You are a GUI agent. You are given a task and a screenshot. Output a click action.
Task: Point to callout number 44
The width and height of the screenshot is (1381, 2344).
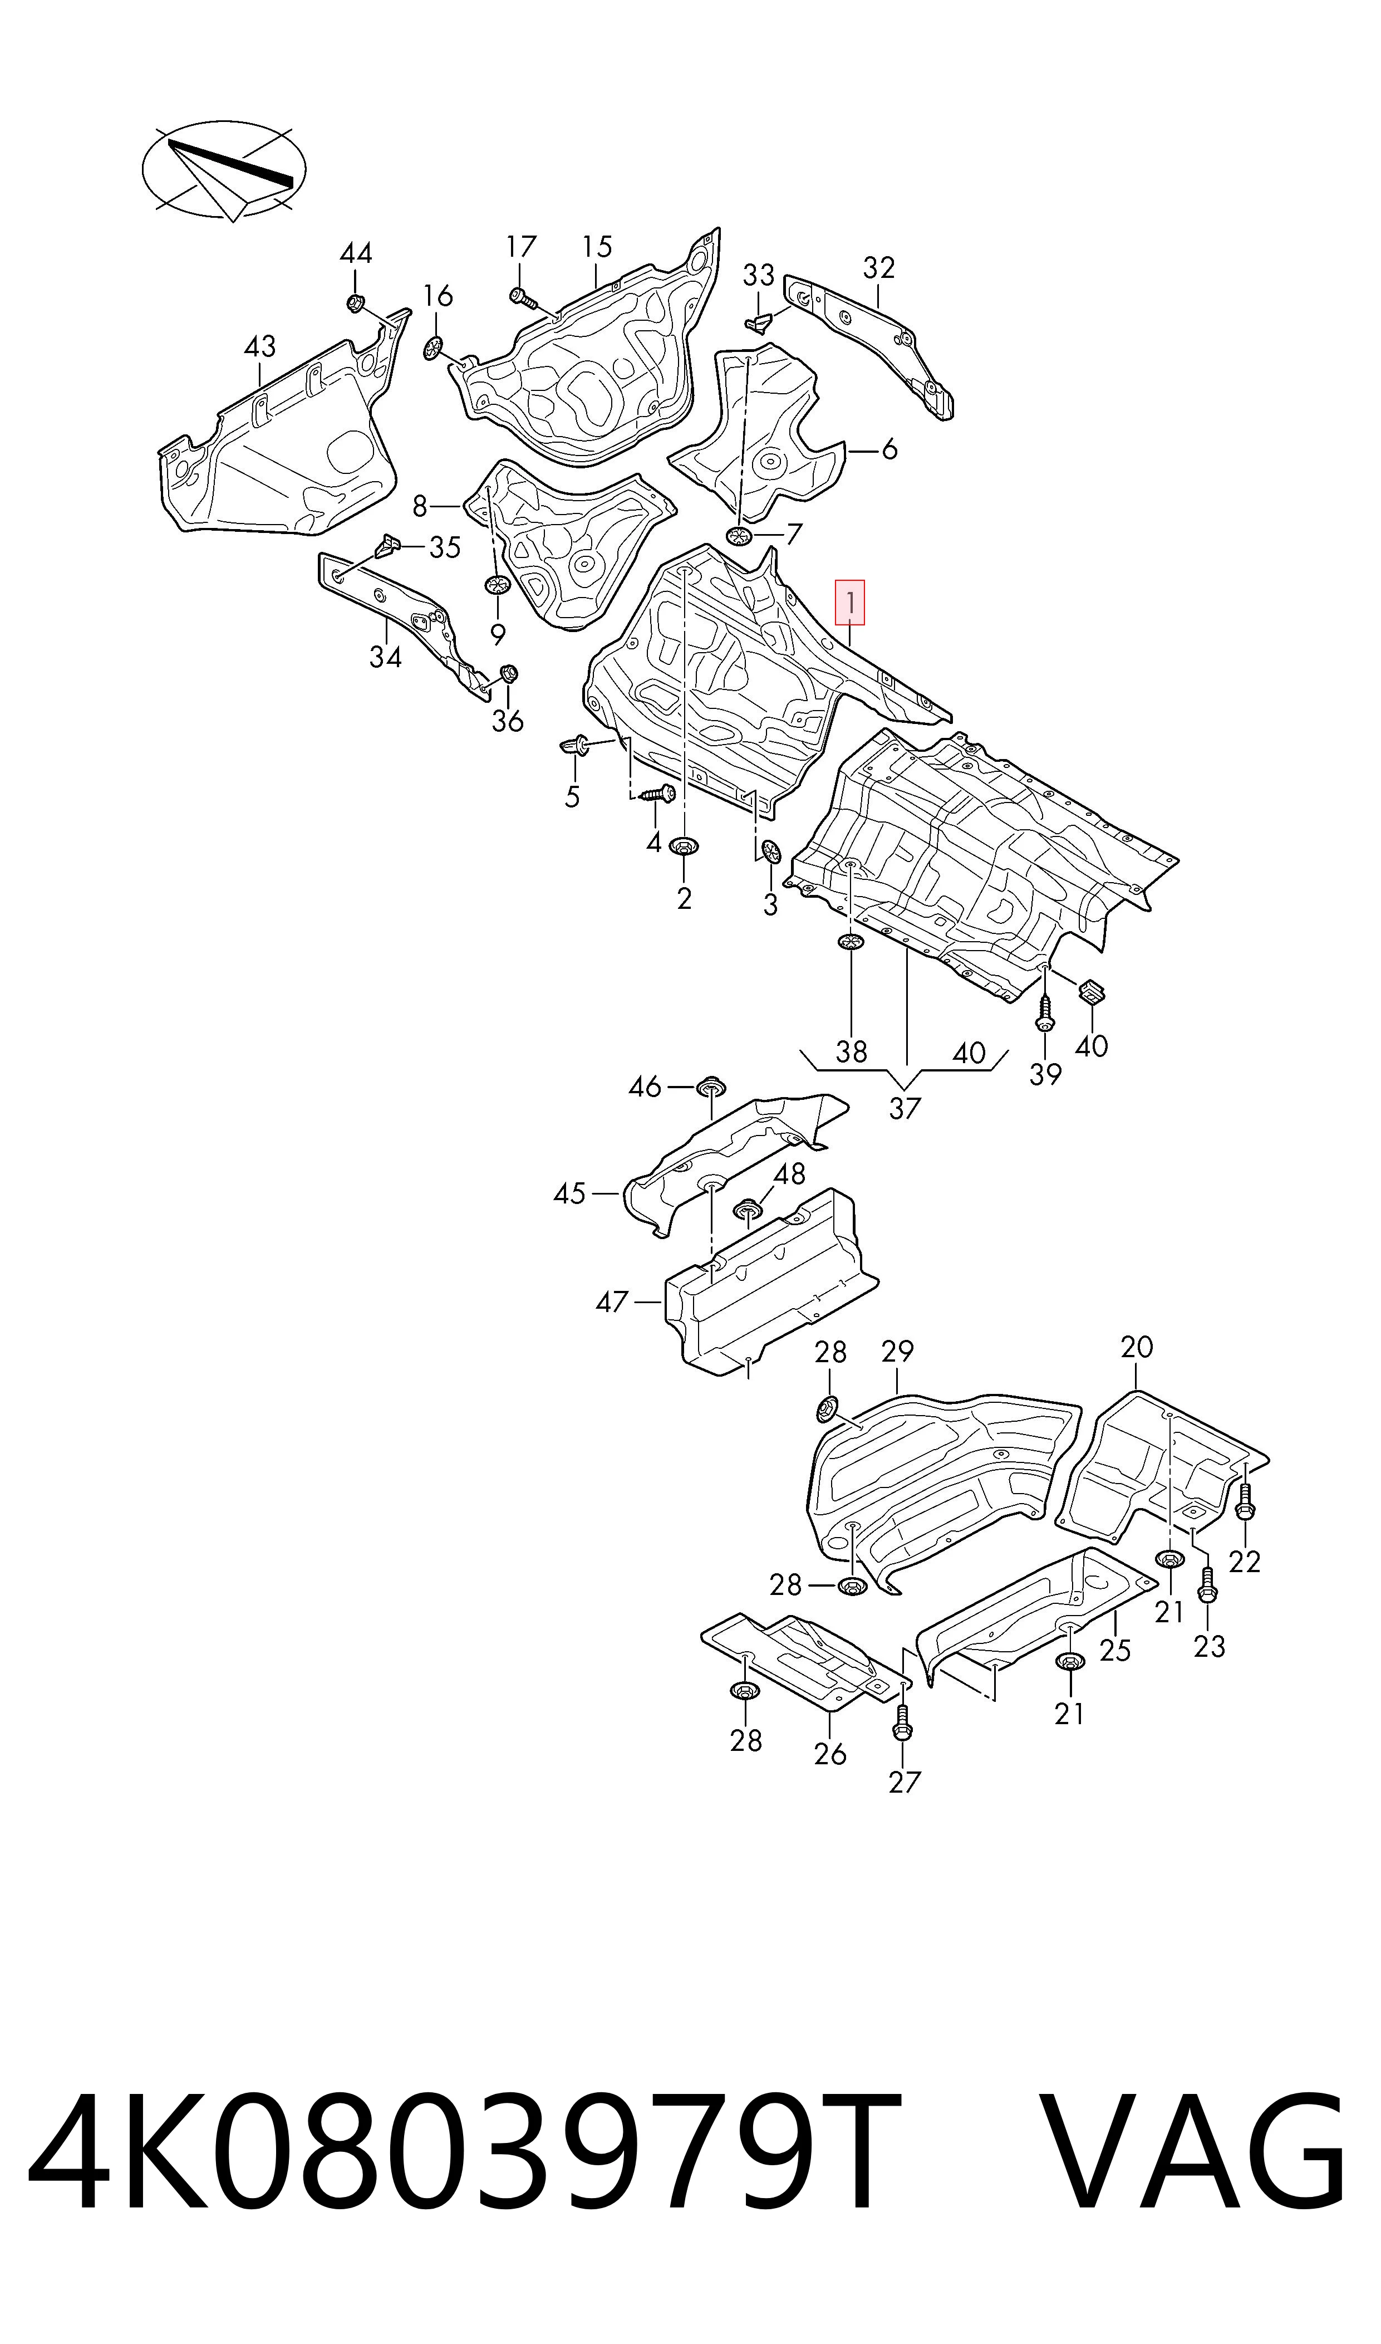[356, 253]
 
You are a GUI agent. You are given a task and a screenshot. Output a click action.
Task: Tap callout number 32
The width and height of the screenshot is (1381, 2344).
[878, 267]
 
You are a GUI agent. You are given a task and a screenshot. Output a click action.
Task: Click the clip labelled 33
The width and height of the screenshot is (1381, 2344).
[760, 322]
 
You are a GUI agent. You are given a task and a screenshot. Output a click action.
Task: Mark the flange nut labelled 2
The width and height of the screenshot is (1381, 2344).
[684, 849]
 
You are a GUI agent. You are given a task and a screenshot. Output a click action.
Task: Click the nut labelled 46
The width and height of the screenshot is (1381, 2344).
[712, 1087]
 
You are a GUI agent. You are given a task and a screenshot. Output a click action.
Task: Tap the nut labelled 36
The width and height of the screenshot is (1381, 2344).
[508, 674]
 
